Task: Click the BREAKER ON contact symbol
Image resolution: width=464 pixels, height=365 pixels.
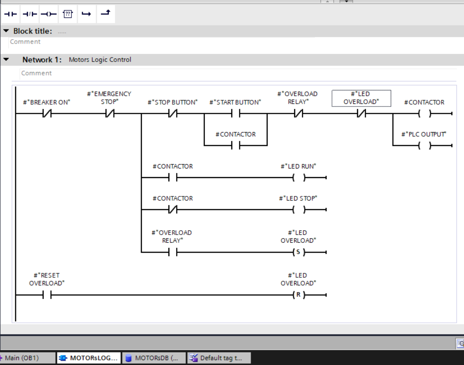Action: [47, 114]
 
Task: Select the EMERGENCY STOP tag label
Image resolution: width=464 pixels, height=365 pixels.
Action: [109, 98]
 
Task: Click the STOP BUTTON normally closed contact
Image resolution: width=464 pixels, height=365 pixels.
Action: [172, 114]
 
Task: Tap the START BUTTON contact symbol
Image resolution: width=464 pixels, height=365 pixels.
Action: [235, 114]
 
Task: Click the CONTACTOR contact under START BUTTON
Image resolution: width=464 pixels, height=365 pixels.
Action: [235, 146]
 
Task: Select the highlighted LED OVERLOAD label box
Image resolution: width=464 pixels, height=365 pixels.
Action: [361, 98]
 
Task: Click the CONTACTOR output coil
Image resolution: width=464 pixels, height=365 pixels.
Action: [424, 114]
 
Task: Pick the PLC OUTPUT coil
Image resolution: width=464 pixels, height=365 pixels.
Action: [424, 146]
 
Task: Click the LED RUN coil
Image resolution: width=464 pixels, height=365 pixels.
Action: [298, 178]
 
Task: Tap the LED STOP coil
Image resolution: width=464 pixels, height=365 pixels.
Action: [298, 209]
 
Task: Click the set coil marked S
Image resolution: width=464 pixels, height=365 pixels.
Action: [298, 252]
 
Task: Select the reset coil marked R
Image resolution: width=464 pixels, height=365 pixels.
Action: [298, 295]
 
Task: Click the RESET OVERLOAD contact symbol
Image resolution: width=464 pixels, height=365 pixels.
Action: [47, 295]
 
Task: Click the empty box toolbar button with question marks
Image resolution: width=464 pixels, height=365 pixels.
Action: [67, 14]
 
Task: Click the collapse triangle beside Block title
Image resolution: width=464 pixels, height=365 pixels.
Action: [6, 31]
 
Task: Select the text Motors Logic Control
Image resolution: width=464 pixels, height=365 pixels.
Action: [100, 60]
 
